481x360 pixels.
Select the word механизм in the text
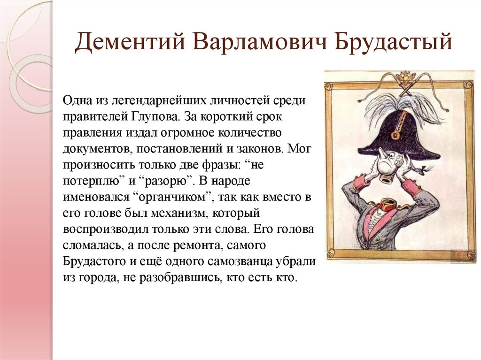tap(177, 213)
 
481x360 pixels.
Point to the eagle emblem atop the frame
tap(403, 77)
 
